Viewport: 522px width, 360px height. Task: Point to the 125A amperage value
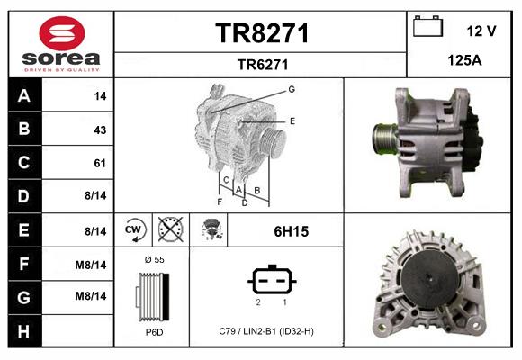coord(463,62)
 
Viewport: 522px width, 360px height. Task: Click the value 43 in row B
coord(100,130)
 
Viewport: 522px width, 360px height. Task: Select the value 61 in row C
coord(100,163)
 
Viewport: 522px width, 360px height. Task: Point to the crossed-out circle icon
coord(169,231)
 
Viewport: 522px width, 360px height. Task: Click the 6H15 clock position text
coord(291,231)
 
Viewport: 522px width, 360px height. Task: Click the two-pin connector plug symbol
coord(272,281)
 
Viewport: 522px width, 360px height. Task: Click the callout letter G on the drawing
coord(292,89)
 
